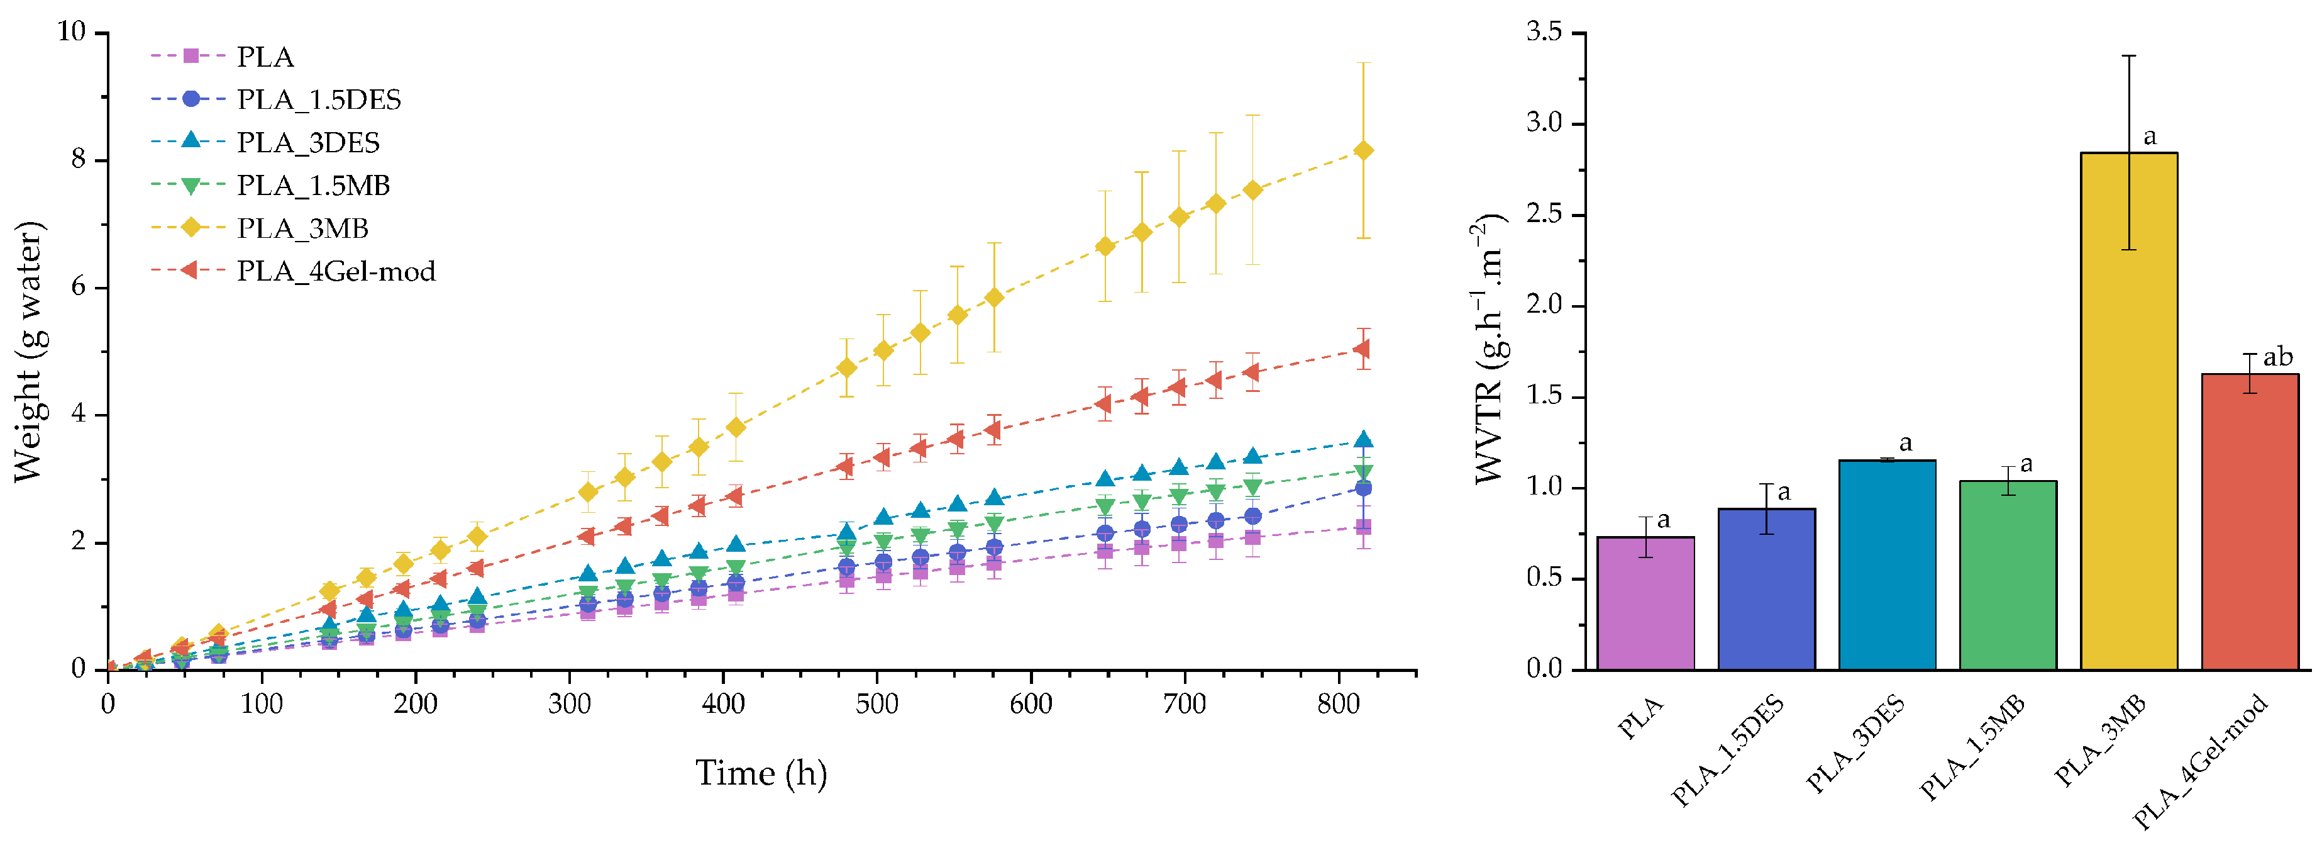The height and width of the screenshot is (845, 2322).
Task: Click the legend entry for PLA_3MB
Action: click(x=302, y=228)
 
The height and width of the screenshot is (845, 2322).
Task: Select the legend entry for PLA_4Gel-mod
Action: click(x=335, y=271)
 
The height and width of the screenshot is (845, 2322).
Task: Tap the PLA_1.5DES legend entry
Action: click(x=318, y=99)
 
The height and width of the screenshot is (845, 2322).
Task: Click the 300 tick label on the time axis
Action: click(x=569, y=703)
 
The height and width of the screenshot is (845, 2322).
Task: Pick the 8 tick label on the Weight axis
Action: click(x=77, y=160)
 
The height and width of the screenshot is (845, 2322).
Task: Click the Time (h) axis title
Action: click(x=761, y=773)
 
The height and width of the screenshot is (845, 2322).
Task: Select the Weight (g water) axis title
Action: click(x=29, y=352)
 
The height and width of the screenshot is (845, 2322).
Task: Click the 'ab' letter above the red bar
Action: click(x=2278, y=357)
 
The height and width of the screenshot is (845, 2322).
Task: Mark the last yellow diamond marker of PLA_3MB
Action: click(x=1363, y=150)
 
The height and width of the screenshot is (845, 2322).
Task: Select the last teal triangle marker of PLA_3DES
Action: click(x=1363, y=439)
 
